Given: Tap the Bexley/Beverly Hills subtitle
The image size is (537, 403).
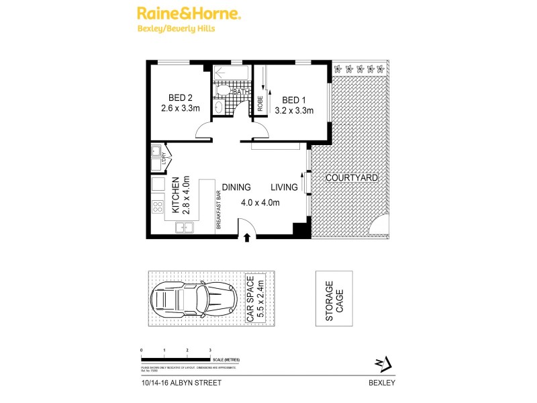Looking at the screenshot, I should click(179, 29).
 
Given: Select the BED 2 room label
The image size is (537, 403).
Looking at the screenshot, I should click(173, 96).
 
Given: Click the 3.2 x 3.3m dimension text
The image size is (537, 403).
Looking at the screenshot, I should click(294, 111).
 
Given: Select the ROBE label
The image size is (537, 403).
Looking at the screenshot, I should click(260, 103).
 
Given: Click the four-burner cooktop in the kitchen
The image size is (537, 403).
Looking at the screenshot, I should click(158, 207).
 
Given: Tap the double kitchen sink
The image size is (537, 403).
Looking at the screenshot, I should click(185, 228).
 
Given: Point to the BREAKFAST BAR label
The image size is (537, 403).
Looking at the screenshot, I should click(218, 211).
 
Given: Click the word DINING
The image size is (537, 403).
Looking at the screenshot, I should click(236, 187).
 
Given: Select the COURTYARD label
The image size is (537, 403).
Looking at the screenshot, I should click(351, 178).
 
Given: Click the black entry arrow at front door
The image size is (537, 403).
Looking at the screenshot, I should click(247, 236).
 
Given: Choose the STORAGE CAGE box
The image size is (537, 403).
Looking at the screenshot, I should click(334, 298).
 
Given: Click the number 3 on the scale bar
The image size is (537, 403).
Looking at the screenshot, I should click(210, 351).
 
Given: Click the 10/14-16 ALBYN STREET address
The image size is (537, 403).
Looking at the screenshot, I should click(181, 383).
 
